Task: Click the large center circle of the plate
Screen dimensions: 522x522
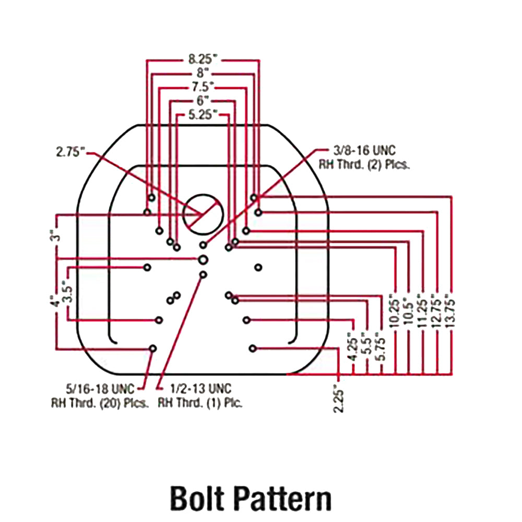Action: click(x=203, y=215)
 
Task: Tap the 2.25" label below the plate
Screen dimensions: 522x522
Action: click(x=339, y=398)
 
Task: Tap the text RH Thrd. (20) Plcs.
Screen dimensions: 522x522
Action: click(x=100, y=403)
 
